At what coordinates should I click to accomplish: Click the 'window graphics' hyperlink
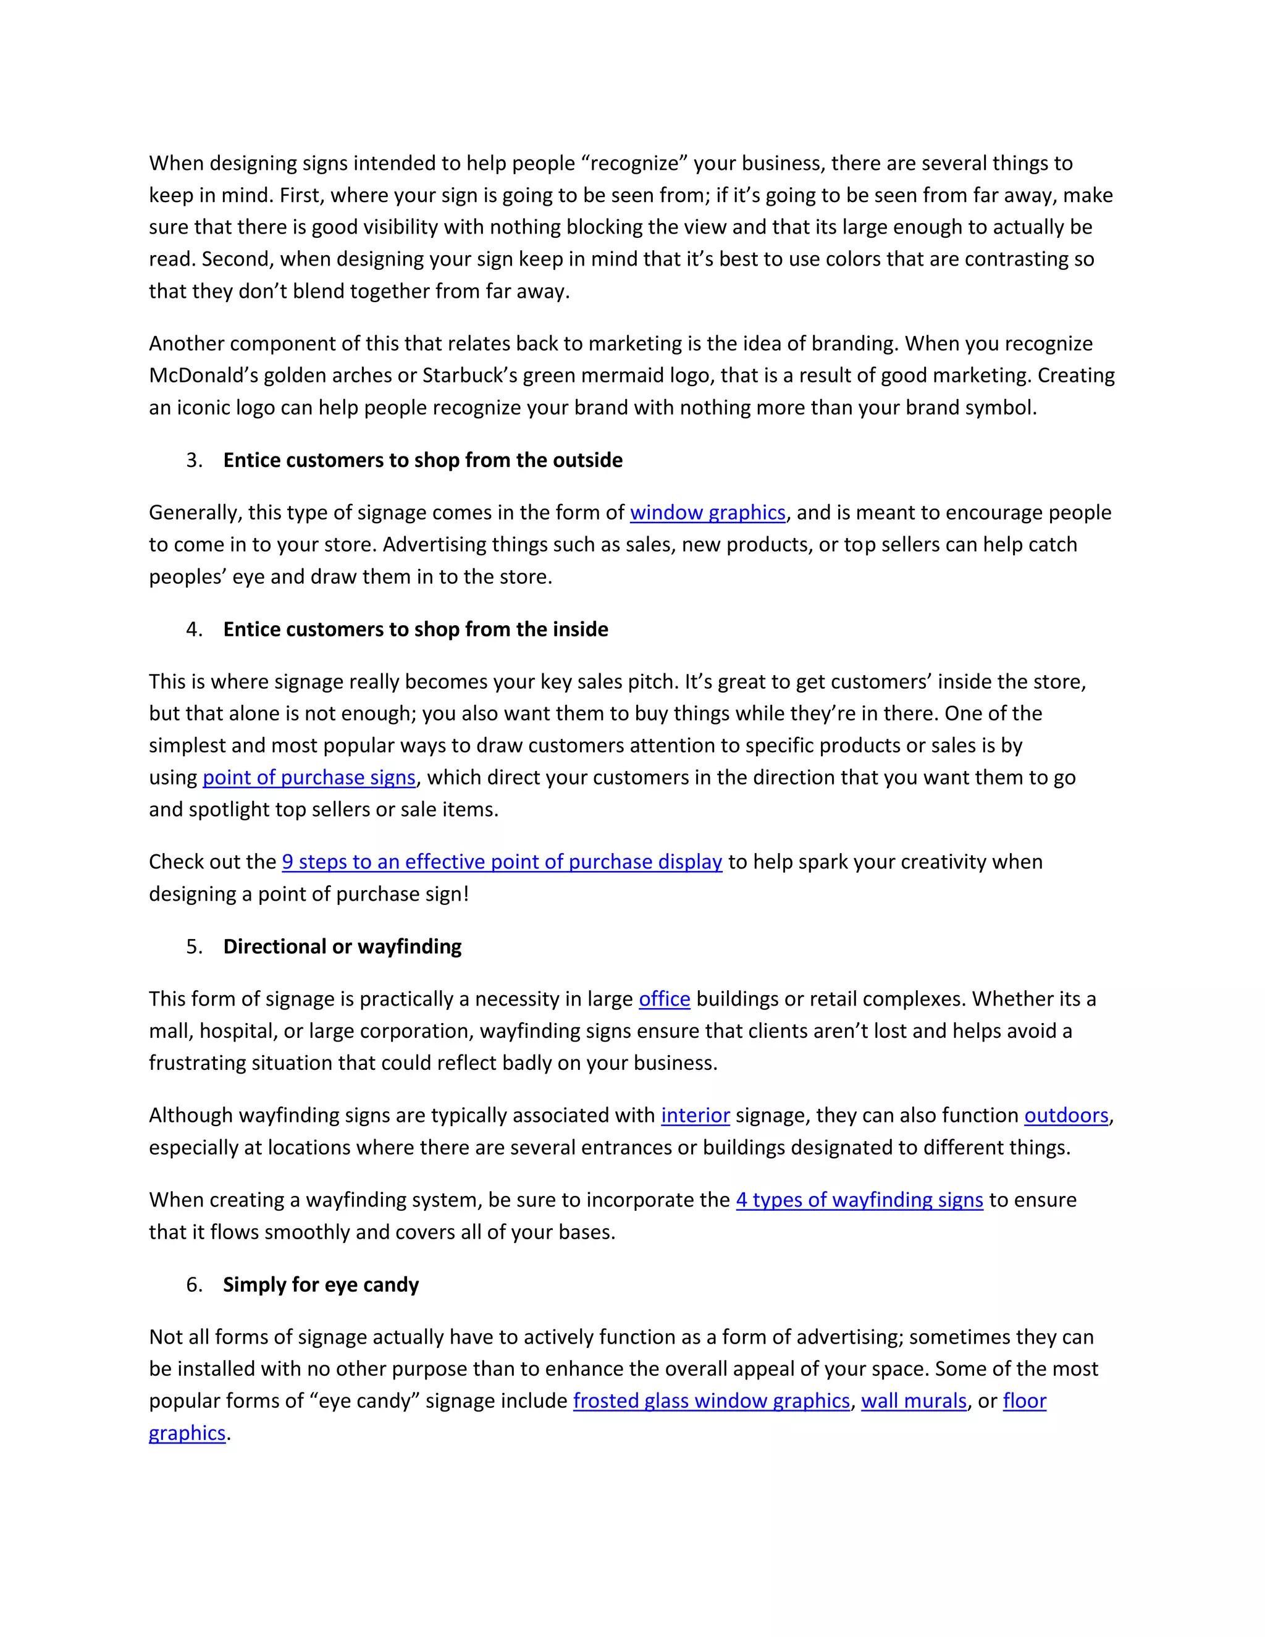707,513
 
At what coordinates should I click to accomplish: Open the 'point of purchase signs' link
309,777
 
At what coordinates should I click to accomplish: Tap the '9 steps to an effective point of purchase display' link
502,862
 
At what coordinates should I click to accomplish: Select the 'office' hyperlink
664,999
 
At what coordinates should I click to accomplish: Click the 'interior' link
695,1115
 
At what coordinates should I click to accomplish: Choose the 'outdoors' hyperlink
1065,1115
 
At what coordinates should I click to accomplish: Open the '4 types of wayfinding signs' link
859,1200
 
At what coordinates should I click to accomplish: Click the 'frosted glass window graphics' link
711,1401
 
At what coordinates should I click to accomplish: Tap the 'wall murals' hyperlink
914,1401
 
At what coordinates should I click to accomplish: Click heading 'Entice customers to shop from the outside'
422,460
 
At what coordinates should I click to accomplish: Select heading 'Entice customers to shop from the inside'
415,629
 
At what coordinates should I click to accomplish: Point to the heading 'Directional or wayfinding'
342,946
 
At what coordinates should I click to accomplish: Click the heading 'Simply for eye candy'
321,1285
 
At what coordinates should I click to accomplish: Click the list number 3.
193,460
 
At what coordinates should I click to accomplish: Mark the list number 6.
193,1285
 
